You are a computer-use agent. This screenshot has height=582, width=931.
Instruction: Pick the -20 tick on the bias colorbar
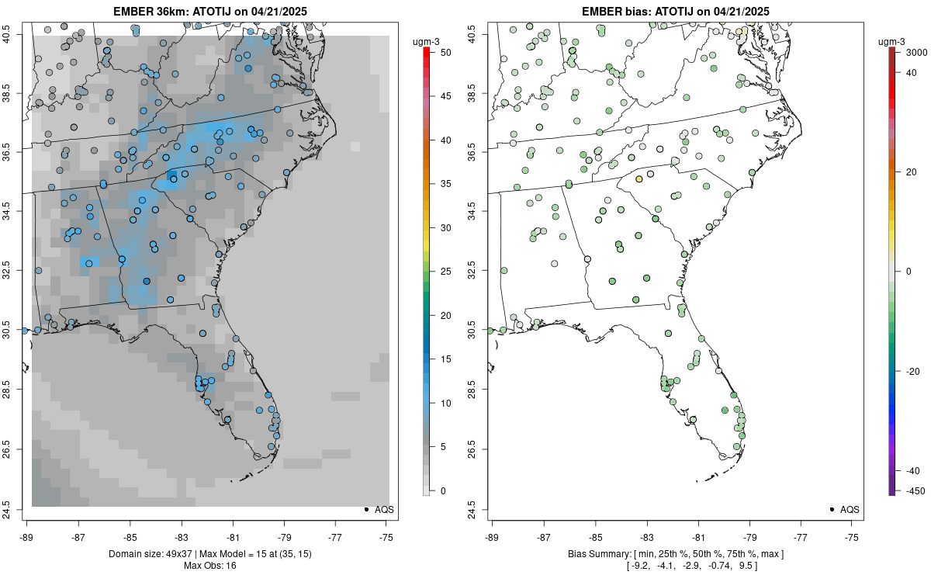point(913,371)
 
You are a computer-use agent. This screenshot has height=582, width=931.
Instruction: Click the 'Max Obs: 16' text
point(210,565)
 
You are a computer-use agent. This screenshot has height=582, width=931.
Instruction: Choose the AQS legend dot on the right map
point(832,509)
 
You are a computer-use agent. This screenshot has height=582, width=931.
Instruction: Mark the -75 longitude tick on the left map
point(387,536)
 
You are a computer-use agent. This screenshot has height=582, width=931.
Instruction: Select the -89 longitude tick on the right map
point(492,536)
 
